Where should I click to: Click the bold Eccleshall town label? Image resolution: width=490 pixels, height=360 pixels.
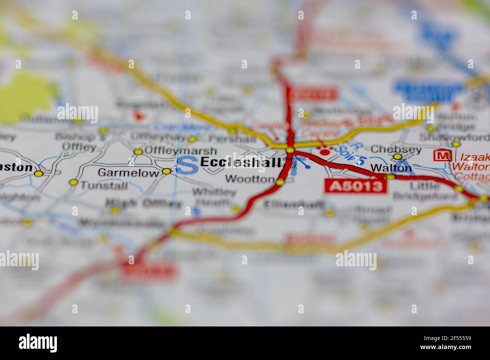(x=240, y=163)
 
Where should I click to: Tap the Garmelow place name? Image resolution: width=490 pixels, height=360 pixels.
(x=128, y=173)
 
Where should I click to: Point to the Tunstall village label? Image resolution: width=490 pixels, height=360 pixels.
(x=104, y=185)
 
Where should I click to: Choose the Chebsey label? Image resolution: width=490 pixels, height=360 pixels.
(x=396, y=149)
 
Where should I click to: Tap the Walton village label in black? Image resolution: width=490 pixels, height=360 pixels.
(x=391, y=168)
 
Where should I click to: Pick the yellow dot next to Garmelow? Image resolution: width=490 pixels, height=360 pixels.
(x=166, y=171)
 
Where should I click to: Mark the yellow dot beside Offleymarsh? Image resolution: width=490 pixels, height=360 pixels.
(x=138, y=152)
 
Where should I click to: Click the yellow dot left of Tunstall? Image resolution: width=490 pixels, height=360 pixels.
(x=73, y=183)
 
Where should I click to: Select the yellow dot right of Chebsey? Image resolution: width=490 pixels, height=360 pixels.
(x=397, y=157)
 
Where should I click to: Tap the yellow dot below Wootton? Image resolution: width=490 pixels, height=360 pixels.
(x=280, y=183)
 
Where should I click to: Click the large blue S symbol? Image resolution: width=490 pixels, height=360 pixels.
(x=187, y=166)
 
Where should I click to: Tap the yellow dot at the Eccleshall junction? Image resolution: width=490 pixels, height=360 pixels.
(x=290, y=151)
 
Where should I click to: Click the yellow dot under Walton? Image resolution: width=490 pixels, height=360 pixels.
(x=391, y=176)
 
